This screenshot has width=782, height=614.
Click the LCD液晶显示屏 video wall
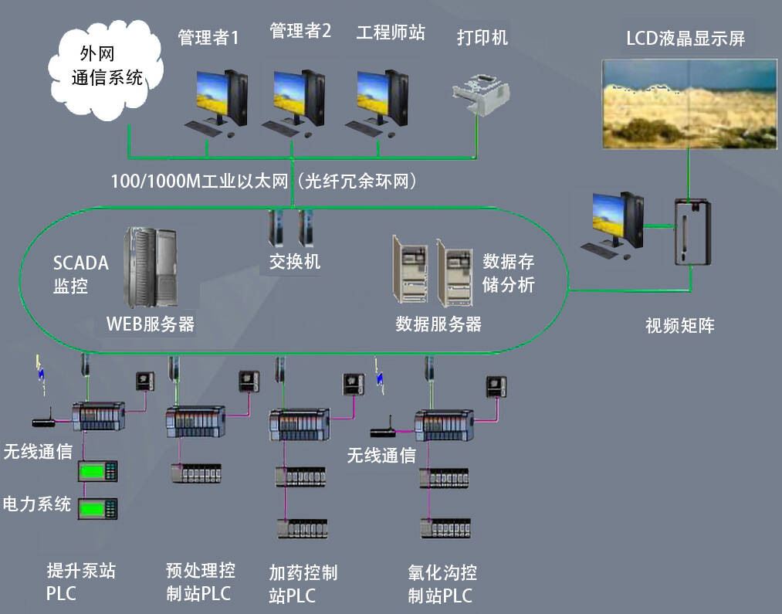pyautogui.click(x=689, y=103)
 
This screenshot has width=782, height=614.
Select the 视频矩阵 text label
pyautogui.click(x=680, y=325)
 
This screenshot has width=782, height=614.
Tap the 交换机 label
pyautogui.click(x=295, y=261)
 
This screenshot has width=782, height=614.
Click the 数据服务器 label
pyautogui.click(x=438, y=324)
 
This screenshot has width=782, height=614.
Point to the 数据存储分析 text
pyautogui.click(x=509, y=272)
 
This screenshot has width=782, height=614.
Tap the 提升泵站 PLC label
pyautogui.click(x=81, y=582)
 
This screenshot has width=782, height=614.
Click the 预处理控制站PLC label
pyautogui.click(x=200, y=582)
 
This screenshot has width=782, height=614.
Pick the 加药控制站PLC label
pyautogui.click(x=303, y=584)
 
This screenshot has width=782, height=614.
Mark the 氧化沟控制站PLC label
pyautogui.click(x=442, y=584)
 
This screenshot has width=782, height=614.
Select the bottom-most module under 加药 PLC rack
pyautogui.click(x=303, y=529)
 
